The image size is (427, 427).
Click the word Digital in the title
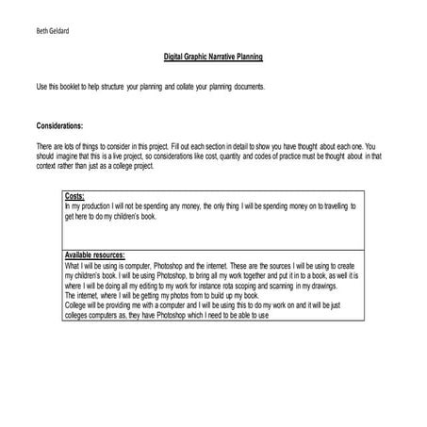176,57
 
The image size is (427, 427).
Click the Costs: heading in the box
74,197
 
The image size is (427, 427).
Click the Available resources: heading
101,256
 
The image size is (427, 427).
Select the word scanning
282,285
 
